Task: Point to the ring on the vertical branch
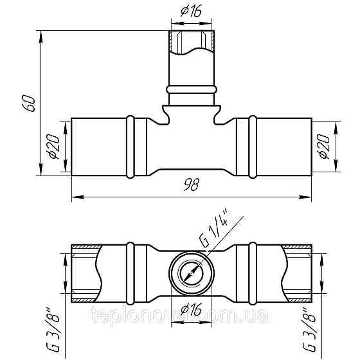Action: click(x=192, y=87)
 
